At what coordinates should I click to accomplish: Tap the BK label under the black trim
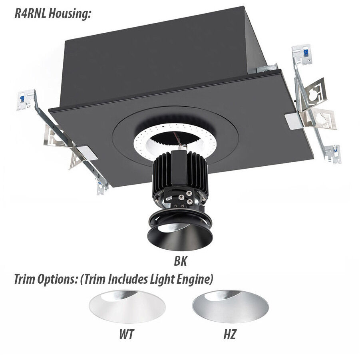[x=180, y=262]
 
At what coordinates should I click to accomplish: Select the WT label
[x=126, y=334]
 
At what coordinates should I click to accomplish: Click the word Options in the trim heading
[x=58, y=279]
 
